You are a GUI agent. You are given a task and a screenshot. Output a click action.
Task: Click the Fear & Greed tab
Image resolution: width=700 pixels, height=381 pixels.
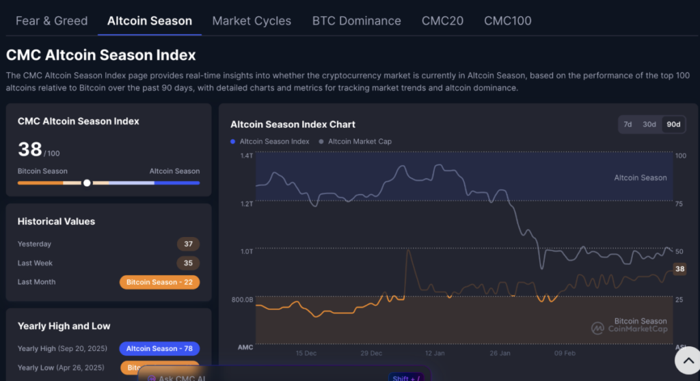[51, 20]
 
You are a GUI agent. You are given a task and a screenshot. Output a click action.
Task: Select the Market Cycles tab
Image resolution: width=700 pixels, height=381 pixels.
[252, 20]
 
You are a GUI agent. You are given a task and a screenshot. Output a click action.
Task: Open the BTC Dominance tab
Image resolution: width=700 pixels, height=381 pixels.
[356, 20]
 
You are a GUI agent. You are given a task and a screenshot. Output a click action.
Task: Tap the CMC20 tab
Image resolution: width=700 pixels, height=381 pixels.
[442, 20]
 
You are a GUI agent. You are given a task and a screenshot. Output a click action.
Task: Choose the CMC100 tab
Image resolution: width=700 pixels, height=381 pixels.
[507, 20]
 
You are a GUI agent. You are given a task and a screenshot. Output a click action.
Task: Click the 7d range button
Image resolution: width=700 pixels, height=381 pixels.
[628, 124]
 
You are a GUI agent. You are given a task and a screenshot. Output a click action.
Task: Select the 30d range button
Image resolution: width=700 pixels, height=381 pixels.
[649, 124]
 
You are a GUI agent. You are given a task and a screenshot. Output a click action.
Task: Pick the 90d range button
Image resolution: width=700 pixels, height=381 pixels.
[673, 124]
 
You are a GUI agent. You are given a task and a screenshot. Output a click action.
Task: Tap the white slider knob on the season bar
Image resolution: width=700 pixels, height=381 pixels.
[87, 183]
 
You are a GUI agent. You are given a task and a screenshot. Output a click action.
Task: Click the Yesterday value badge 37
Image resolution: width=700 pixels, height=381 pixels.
[188, 244]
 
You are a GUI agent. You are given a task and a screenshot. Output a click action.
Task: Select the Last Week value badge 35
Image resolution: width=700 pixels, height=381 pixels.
[188, 263]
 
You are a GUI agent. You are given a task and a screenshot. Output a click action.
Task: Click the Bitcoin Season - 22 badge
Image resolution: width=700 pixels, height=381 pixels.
[159, 282]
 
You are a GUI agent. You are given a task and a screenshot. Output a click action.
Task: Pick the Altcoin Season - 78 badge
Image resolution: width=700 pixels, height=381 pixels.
[159, 348]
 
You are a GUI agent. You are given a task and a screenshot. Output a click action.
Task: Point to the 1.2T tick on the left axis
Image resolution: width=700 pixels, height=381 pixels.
[246, 203]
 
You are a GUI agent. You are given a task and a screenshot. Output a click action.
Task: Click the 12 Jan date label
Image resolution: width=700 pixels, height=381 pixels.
[435, 353]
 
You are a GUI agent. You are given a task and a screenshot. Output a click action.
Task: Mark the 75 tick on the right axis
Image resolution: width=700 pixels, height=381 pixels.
[679, 203]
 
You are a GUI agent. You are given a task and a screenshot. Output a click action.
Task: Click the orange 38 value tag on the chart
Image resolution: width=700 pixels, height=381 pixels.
[679, 269]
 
